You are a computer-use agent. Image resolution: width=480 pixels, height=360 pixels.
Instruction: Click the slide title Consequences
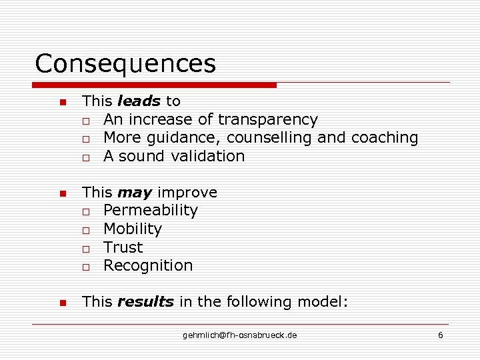(x=125, y=64)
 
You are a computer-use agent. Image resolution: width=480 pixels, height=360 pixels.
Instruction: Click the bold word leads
(x=139, y=101)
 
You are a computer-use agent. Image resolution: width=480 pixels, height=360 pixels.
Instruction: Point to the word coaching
(x=385, y=138)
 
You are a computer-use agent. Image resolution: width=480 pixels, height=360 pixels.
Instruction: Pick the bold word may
(x=135, y=193)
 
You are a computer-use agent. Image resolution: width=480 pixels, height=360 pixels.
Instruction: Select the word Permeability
(x=151, y=211)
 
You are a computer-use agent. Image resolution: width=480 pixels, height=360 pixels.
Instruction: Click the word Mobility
(x=133, y=229)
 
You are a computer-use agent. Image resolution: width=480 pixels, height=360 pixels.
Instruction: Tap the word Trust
(x=123, y=247)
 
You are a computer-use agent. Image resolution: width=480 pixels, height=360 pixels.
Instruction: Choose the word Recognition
(x=148, y=265)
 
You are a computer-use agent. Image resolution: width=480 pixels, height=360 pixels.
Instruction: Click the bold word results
(x=145, y=302)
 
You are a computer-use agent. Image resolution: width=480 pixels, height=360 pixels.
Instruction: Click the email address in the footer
(x=240, y=335)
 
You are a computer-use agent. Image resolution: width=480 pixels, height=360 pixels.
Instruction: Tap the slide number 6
(x=440, y=335)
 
